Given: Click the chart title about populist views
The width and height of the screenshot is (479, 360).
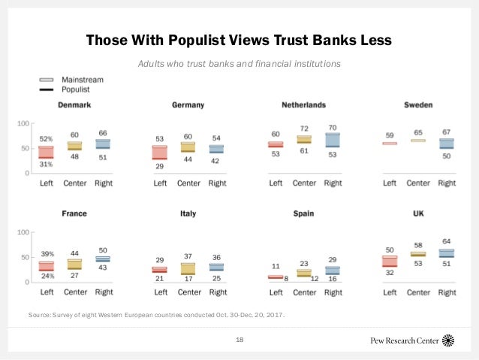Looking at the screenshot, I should (239, 38).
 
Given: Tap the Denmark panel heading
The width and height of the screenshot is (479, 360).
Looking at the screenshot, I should (75, 104).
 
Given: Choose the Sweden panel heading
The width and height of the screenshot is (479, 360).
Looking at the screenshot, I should (417, 104).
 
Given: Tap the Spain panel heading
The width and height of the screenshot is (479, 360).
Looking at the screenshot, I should (303, 213).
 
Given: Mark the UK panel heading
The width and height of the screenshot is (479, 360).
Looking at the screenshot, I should (417, 213).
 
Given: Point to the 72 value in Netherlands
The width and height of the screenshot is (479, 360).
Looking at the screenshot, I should (304, 129).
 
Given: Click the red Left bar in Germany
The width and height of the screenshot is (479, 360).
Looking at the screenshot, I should (160, 153).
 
